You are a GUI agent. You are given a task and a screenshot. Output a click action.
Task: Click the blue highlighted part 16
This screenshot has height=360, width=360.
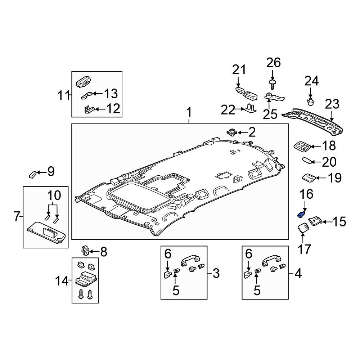point(301,215)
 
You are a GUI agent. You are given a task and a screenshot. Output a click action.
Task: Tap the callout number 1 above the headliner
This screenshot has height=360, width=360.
point(189,113)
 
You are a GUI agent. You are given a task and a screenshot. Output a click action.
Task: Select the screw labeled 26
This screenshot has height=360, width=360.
point(273,84)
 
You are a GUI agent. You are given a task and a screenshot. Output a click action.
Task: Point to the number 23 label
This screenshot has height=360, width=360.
point(332,104)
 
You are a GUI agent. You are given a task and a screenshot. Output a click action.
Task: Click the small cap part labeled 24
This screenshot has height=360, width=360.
point(310,101)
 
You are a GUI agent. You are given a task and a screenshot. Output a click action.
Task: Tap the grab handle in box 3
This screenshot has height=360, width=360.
point(190,261)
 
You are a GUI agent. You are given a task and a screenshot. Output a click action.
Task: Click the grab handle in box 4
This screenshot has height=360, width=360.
point(271,261)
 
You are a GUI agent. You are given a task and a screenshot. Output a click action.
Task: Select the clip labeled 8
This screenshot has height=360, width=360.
point(85,250)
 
